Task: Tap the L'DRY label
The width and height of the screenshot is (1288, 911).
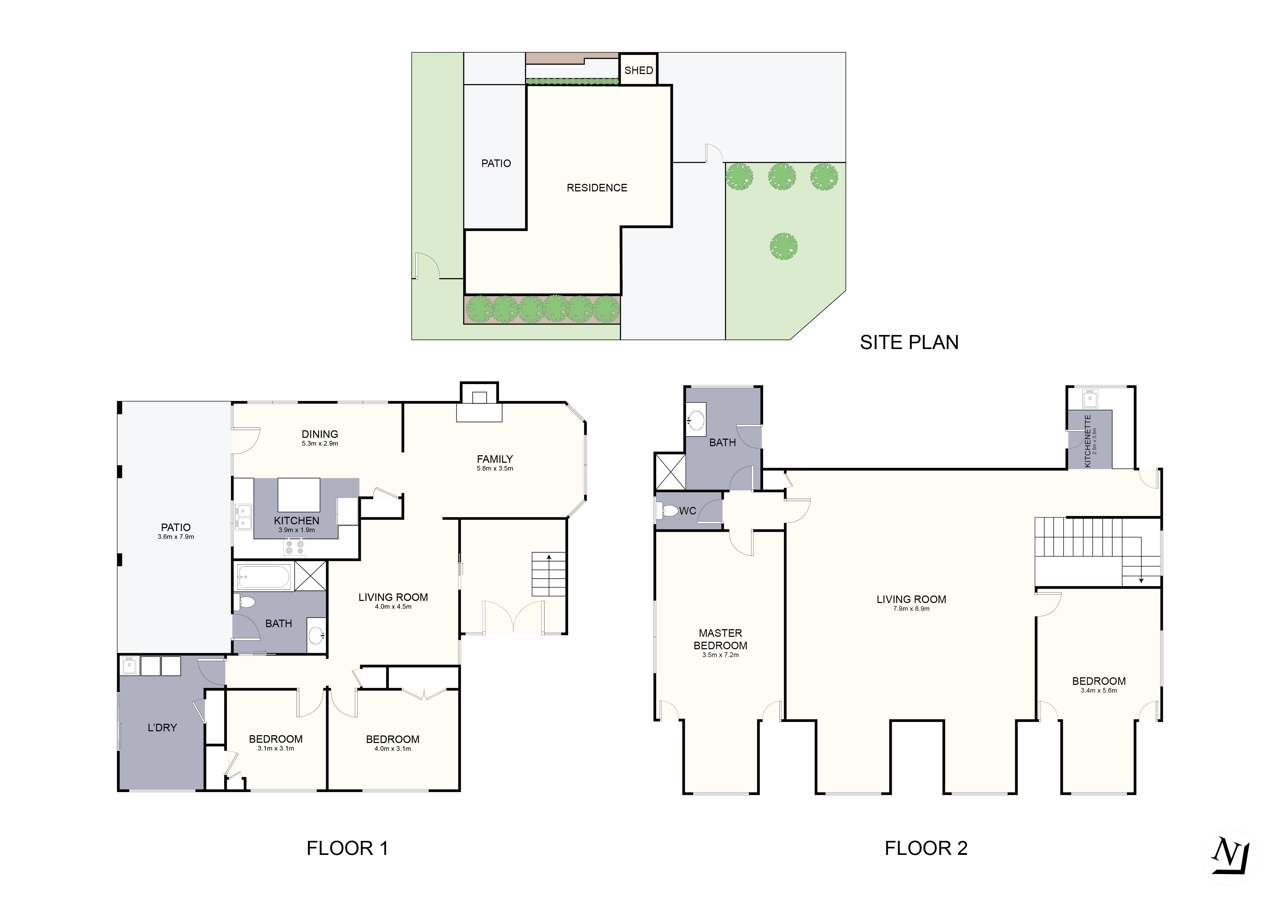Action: [x=162, y=728]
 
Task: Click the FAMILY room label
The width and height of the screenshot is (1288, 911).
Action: [x=495, y=459]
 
